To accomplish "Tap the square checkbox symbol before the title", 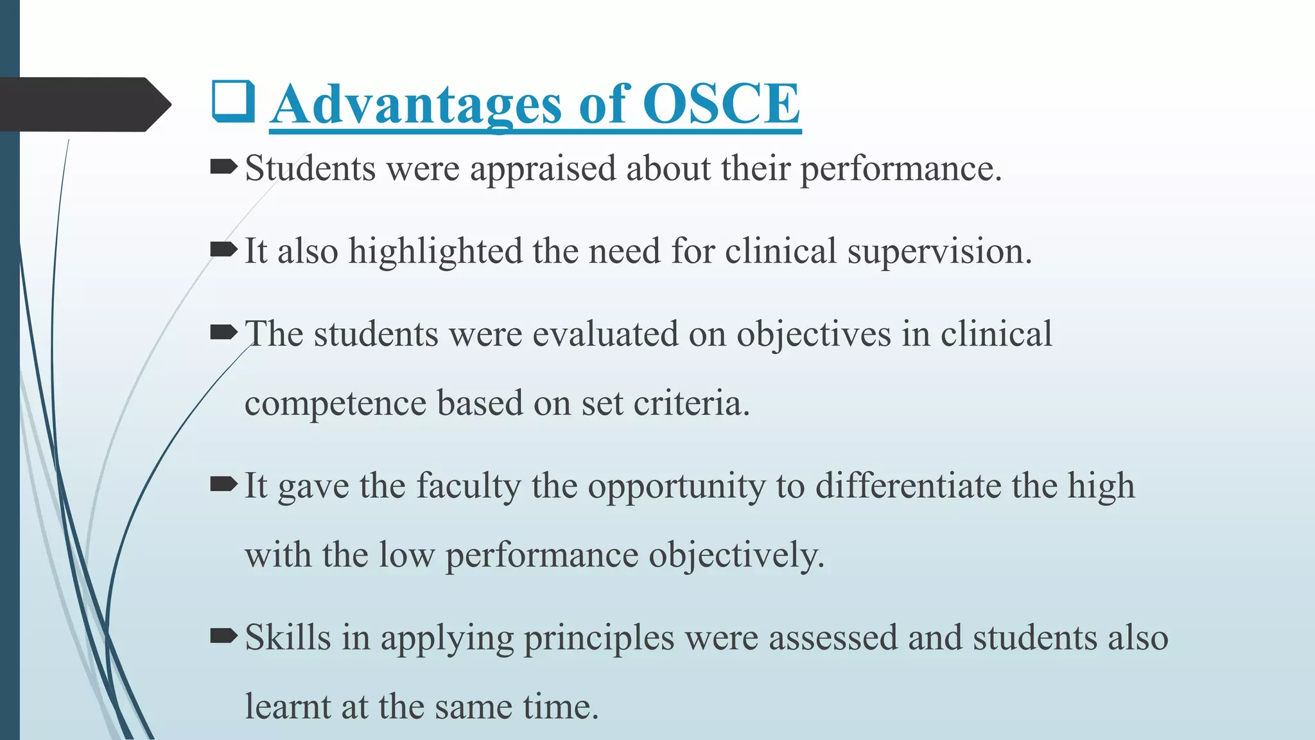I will pos(234,103).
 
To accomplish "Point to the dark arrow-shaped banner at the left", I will pos(83,104).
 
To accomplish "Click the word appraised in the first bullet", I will pos(543,170).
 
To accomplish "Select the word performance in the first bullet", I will pos(900,170).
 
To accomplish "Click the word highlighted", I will pos(435,251).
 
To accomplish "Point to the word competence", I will pos(335,404).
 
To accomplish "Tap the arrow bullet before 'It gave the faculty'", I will pos(223,484).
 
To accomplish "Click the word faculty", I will pos(468,486).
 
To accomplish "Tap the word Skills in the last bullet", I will pos(288,638).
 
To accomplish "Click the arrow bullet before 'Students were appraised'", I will pos(223,168).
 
